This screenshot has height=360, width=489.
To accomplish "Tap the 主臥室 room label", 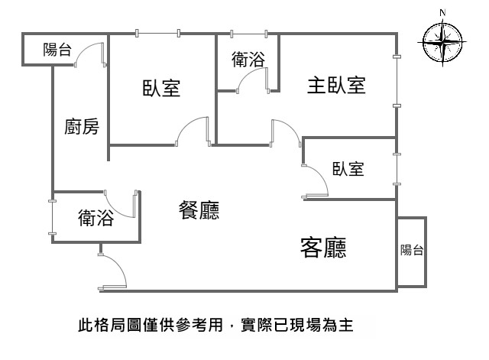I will point(336,85).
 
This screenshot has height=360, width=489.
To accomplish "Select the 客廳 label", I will point(324,246).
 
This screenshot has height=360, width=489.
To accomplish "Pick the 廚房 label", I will point(81,127).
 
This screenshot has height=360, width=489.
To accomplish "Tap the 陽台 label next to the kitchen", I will point(57,50).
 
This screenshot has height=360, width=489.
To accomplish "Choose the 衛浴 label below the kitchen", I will point(96,219).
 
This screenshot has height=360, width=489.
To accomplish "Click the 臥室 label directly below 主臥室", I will point(348,169).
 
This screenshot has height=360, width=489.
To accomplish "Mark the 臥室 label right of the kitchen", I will point(161,88).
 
